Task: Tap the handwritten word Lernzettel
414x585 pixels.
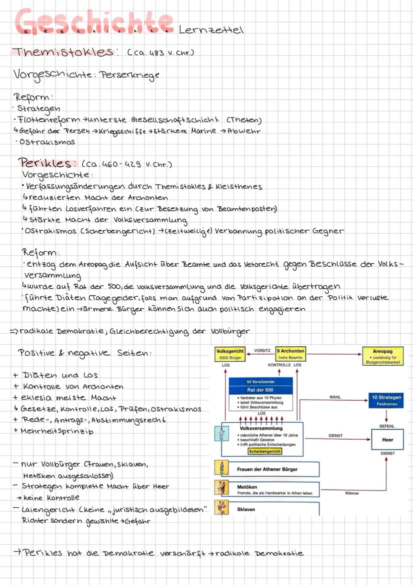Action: point(210,30)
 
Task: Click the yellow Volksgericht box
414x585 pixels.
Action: point(229,354)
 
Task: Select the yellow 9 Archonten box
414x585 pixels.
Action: point(290,354)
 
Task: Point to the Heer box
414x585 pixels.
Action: point(387,440)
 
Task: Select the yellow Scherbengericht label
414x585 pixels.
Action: point(265,451)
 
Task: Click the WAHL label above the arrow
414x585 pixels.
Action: point(335,398)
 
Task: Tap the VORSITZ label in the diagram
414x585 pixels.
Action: point(262,351)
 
